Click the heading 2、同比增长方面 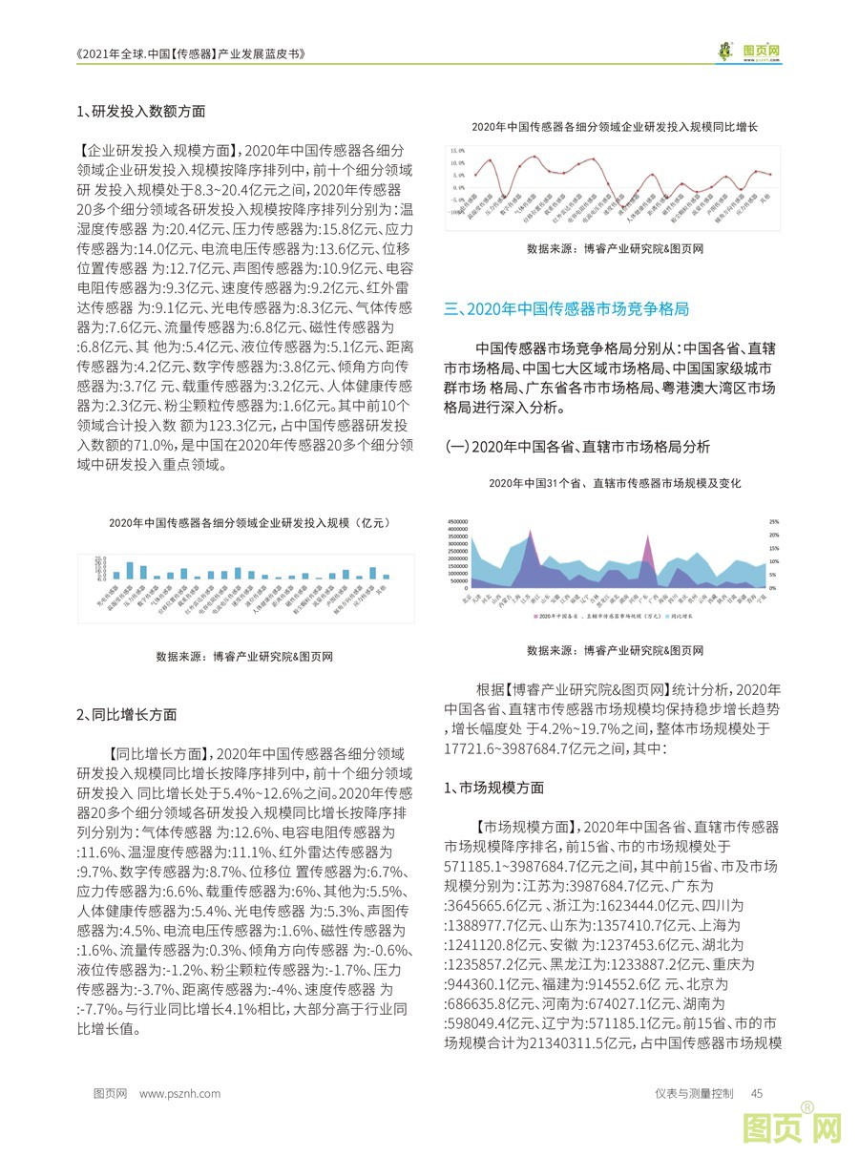click(x=126, y=714)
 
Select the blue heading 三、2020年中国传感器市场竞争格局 click(x=567, y=309)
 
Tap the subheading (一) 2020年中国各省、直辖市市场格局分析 click(x=577, y=447)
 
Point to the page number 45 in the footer click(x=757, y=1094)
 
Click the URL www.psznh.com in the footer click(x=179, y=1094)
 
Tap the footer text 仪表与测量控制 click(x=694, y=1094)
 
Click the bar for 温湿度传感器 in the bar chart click(x=115, y=569)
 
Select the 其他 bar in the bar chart click(x=386, y=576)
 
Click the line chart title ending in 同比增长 click(x=615, y=126)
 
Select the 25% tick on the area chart click(x=775, y=521)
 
